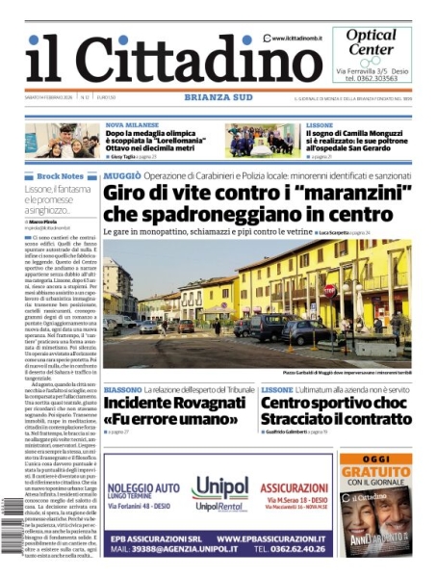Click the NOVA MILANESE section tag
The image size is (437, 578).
point(130,125)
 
